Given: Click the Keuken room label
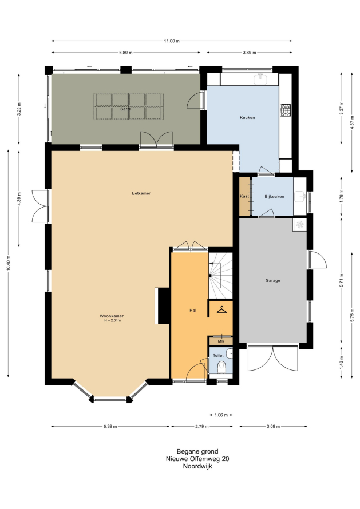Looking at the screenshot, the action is click(x=247, y=117).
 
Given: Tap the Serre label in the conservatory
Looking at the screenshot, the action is click(x=126, y=109).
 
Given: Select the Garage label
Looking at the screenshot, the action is click(x=272, y=280).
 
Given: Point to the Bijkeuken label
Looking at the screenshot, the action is click(x=274, y=196).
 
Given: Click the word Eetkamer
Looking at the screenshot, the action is click(x=141, y=193).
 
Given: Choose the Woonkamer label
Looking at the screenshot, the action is click(x=112, y=316).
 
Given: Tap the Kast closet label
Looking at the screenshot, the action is click(x=244, y=196).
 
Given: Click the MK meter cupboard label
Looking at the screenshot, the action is click(x=221, y=341).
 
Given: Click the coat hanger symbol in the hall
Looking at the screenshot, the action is click(x=221, y=311).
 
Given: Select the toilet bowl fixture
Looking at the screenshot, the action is click(x=222, y=367).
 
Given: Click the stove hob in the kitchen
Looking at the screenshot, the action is click(x=286, y=110).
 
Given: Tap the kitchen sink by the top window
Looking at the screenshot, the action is click(x=260, y=78).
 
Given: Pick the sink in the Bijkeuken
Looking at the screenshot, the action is click(x=299, y=196).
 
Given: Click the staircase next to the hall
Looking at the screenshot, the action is click(x=220, y=275).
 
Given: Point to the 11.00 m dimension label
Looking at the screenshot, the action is click(x=172, y=41).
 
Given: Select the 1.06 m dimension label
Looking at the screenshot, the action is click(x=221, y=415).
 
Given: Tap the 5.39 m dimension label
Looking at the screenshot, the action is click(x=110, y=426).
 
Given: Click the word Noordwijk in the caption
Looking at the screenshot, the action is click(x=197, y=467).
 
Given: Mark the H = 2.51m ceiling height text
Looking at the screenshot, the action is click(x=112, y=320).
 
